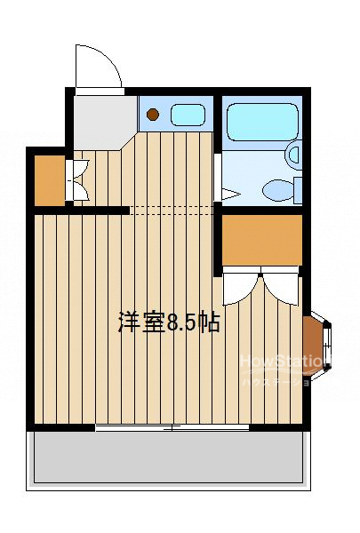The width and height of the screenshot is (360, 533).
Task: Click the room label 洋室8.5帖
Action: pyautogui.click(x=169, y=322)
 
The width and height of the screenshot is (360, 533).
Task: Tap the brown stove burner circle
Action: pyautogui.click(x=153, y=114)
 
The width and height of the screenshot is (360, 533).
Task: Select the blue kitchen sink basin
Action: pyautogui.click(x=187, y=114)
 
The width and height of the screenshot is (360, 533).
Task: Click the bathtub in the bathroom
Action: pyautogui.click(x=261, y=122)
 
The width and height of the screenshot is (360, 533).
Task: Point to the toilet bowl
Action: pyautogui.click(x=279, y=187)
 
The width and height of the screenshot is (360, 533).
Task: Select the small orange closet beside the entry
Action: pyautogui.click(x=50, y=179)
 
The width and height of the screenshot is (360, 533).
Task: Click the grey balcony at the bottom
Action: pyautogui.click(x=169, y=457)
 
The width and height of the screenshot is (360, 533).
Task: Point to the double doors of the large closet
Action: pyautogui.click(x=261, y=286)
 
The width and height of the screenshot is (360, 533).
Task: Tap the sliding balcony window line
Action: pyautogui.click(x=160, y=427)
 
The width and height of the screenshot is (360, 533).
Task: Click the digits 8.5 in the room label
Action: pyautogui.click(x=182, y=322)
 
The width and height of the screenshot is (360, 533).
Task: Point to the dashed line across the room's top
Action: pyautogui.click(x=173, y=211)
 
